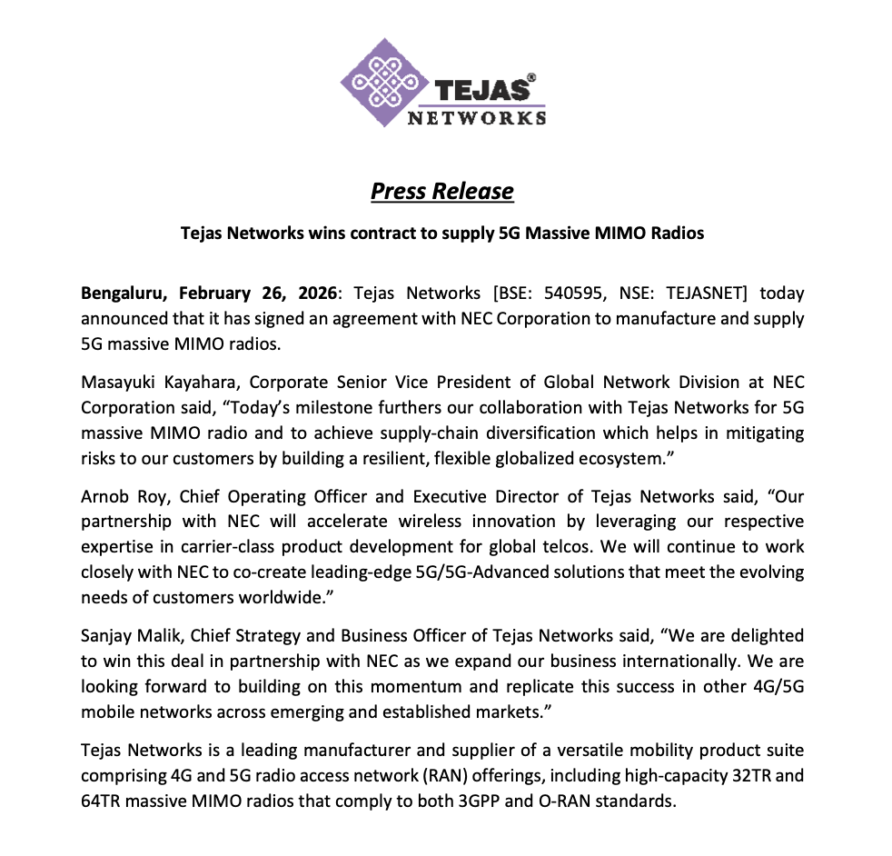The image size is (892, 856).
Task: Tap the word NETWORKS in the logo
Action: tap(476, 117)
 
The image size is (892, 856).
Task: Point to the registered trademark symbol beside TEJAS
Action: tap(530, 79)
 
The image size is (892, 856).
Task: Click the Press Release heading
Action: tap(441, 191)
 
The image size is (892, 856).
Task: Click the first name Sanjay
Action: tap(107, 637)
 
